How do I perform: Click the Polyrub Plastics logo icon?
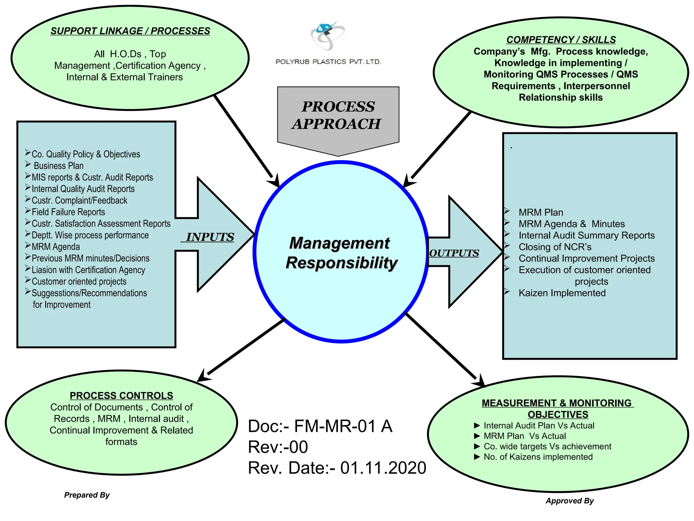coord(327,35)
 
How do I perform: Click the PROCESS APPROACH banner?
coord(338,115)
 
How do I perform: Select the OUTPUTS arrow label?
coord(454,253)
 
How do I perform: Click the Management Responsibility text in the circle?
coord(341,253)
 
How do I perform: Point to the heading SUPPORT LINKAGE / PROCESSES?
coord(130,31)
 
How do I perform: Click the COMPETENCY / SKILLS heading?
coord(561,40)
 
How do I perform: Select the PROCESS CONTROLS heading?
coord(121,395)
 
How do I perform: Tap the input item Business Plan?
coord(58,166)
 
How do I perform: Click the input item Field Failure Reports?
coord(68,212)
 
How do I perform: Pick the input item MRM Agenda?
coord(56,247)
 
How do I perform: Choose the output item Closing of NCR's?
coord(555,247)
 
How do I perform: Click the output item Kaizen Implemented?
coord(562,293)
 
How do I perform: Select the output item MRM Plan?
coord(540,212)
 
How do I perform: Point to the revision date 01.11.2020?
coord(383,468)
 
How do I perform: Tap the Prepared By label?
coord(87,495)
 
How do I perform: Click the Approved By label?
coord(569,501)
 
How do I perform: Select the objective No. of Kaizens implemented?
coord(538,457)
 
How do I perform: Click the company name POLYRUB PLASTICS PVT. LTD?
coord(328,62)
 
